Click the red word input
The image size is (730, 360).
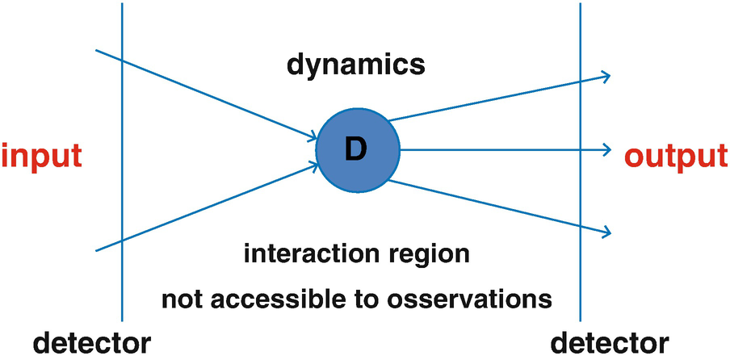tap(41, 156)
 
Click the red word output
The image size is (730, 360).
tap(678, 156)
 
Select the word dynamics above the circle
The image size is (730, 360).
tap(356, 65)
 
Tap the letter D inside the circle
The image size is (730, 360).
tap(356, 149)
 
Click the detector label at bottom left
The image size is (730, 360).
tap(91, 341)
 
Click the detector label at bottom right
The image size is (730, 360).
tap(610, 341)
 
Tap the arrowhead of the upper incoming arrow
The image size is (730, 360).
tap(313, 138)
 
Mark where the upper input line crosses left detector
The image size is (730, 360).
tap(122, 61)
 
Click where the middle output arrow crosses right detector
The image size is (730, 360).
tap(580, 149)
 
